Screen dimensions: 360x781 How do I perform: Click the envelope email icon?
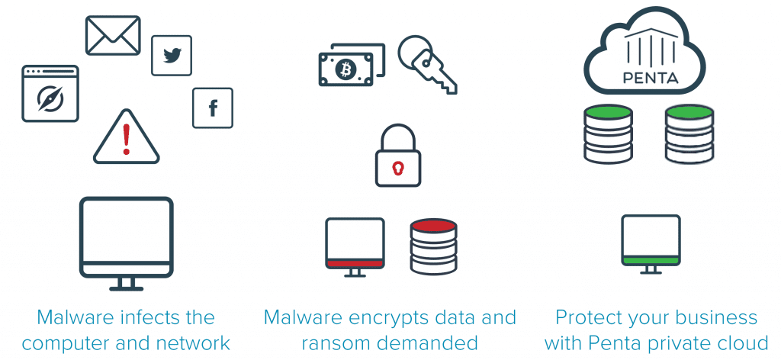point(113,35)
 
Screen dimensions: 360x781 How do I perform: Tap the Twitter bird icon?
point(172,56)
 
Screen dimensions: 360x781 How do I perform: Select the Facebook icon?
point(213,108)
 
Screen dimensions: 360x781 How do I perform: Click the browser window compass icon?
point(50,94)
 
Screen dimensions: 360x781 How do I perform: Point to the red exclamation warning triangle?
point(127,138)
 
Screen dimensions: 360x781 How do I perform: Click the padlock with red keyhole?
point(397,158)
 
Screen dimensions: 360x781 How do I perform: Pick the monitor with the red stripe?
point(355,244)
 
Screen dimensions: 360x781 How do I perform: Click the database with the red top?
point(432,246)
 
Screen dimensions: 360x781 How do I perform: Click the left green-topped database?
point(608,133)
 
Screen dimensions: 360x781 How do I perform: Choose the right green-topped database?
point(689,133)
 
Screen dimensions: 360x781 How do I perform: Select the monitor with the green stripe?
point(651,242)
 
